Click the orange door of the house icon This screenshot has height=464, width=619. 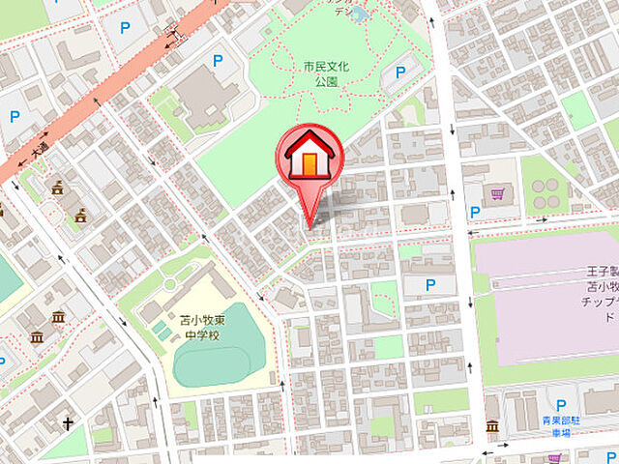309,164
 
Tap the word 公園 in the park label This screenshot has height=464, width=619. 325,84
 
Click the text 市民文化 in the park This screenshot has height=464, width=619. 325,68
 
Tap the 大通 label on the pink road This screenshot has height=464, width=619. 39,152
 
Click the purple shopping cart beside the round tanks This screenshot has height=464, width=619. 497,194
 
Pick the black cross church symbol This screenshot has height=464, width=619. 69,423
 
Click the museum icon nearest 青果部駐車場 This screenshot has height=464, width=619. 492,426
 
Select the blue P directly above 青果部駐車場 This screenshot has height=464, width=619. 560,405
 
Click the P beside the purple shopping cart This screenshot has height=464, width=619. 475,211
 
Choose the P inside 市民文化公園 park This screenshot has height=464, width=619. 401,73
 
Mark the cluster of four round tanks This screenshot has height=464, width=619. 545,193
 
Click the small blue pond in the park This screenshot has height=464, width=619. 361,14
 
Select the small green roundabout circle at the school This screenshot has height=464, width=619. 170,284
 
